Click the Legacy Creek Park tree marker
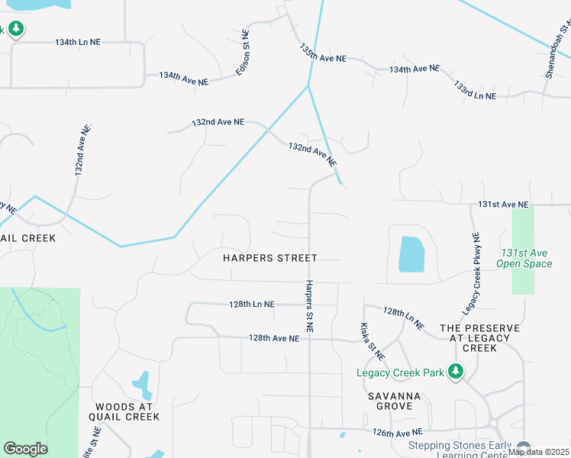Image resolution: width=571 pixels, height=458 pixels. (x=456, y=372)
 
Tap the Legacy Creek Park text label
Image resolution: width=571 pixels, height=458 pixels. (x=400, y=373)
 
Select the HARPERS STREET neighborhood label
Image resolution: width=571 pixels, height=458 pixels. (x=269, y=258)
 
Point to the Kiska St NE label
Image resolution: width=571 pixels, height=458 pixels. (x=372, y=341)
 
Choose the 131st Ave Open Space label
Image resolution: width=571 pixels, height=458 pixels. (x=524, y=258)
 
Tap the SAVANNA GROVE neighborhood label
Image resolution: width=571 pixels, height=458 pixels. (x=395, y=401)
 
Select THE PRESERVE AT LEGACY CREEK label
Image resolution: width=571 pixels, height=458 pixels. (x=479, y=337)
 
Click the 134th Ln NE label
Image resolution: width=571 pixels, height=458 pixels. (x=78, y=42)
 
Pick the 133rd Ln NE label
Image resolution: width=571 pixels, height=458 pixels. (x=475, y=90)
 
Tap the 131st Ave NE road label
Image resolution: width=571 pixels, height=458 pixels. (x=503, y=205)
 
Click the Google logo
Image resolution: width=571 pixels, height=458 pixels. (x=25, y=449)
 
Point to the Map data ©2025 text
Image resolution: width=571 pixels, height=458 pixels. (x=539, y=452)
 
